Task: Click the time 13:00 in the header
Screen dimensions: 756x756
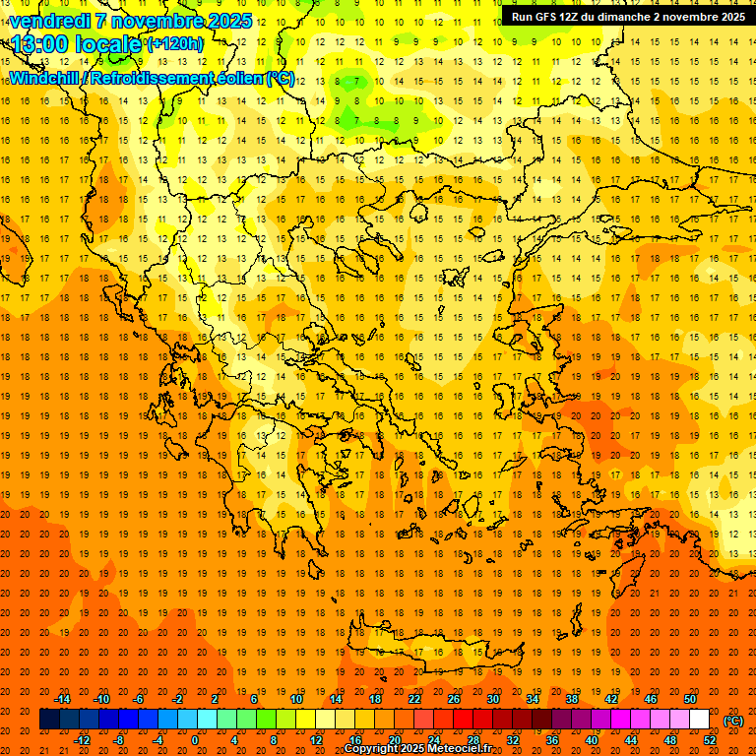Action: (46, 44)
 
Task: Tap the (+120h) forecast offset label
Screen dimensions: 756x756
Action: (175, 44)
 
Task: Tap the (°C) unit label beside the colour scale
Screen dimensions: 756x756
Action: (732, 721)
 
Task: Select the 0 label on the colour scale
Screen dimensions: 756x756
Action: (195, 740)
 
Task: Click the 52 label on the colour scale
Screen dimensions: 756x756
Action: (709, 740)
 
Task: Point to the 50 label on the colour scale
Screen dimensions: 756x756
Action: (689, 699)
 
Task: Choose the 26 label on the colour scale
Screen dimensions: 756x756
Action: (454, 699)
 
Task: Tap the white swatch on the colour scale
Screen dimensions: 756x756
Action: (699, 720)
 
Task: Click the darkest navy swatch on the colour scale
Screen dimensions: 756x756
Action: (49, 720)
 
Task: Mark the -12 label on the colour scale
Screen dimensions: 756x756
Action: (83, 740)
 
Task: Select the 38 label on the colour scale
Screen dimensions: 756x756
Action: (571, 699)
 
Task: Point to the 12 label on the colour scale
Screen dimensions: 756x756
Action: (317, 740)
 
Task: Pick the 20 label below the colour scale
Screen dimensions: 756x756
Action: (395, 740)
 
